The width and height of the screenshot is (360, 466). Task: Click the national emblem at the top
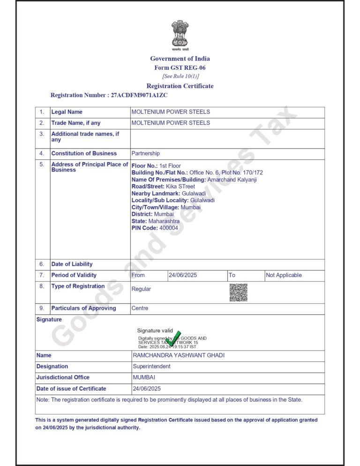[x=180, y=34]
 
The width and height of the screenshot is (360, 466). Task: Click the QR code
[x=238, y=292]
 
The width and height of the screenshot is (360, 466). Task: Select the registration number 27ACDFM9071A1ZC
[x=139, y=95]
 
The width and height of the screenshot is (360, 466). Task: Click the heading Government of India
[x=180, y=59]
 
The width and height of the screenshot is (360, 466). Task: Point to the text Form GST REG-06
[x=180, y=68]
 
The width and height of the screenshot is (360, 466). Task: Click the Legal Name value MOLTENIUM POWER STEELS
[x=171, y=112]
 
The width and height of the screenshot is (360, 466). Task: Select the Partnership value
[x=145, y=153]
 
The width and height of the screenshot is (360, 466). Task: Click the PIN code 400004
[x=168, y=228]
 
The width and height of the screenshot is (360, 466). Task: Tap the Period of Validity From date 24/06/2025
[x=183, y=275]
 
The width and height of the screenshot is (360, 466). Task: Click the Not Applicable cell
[x=284, y=275]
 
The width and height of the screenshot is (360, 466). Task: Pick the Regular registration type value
[x=141, y=289]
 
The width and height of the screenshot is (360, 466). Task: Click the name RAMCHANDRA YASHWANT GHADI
[x=179, y=355]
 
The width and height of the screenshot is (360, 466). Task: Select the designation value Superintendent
[x=151, y=366]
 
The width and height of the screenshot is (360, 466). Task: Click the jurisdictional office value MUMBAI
[x=144, y=377]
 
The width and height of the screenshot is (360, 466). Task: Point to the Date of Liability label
[x=72, y=264]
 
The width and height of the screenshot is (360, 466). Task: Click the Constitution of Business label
[x=84, y=153]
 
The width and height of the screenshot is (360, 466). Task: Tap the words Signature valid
[x=155, y=331]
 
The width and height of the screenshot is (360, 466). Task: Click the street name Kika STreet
[x=180, y=187]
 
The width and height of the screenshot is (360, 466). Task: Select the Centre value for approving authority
[x=140, y=308]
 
